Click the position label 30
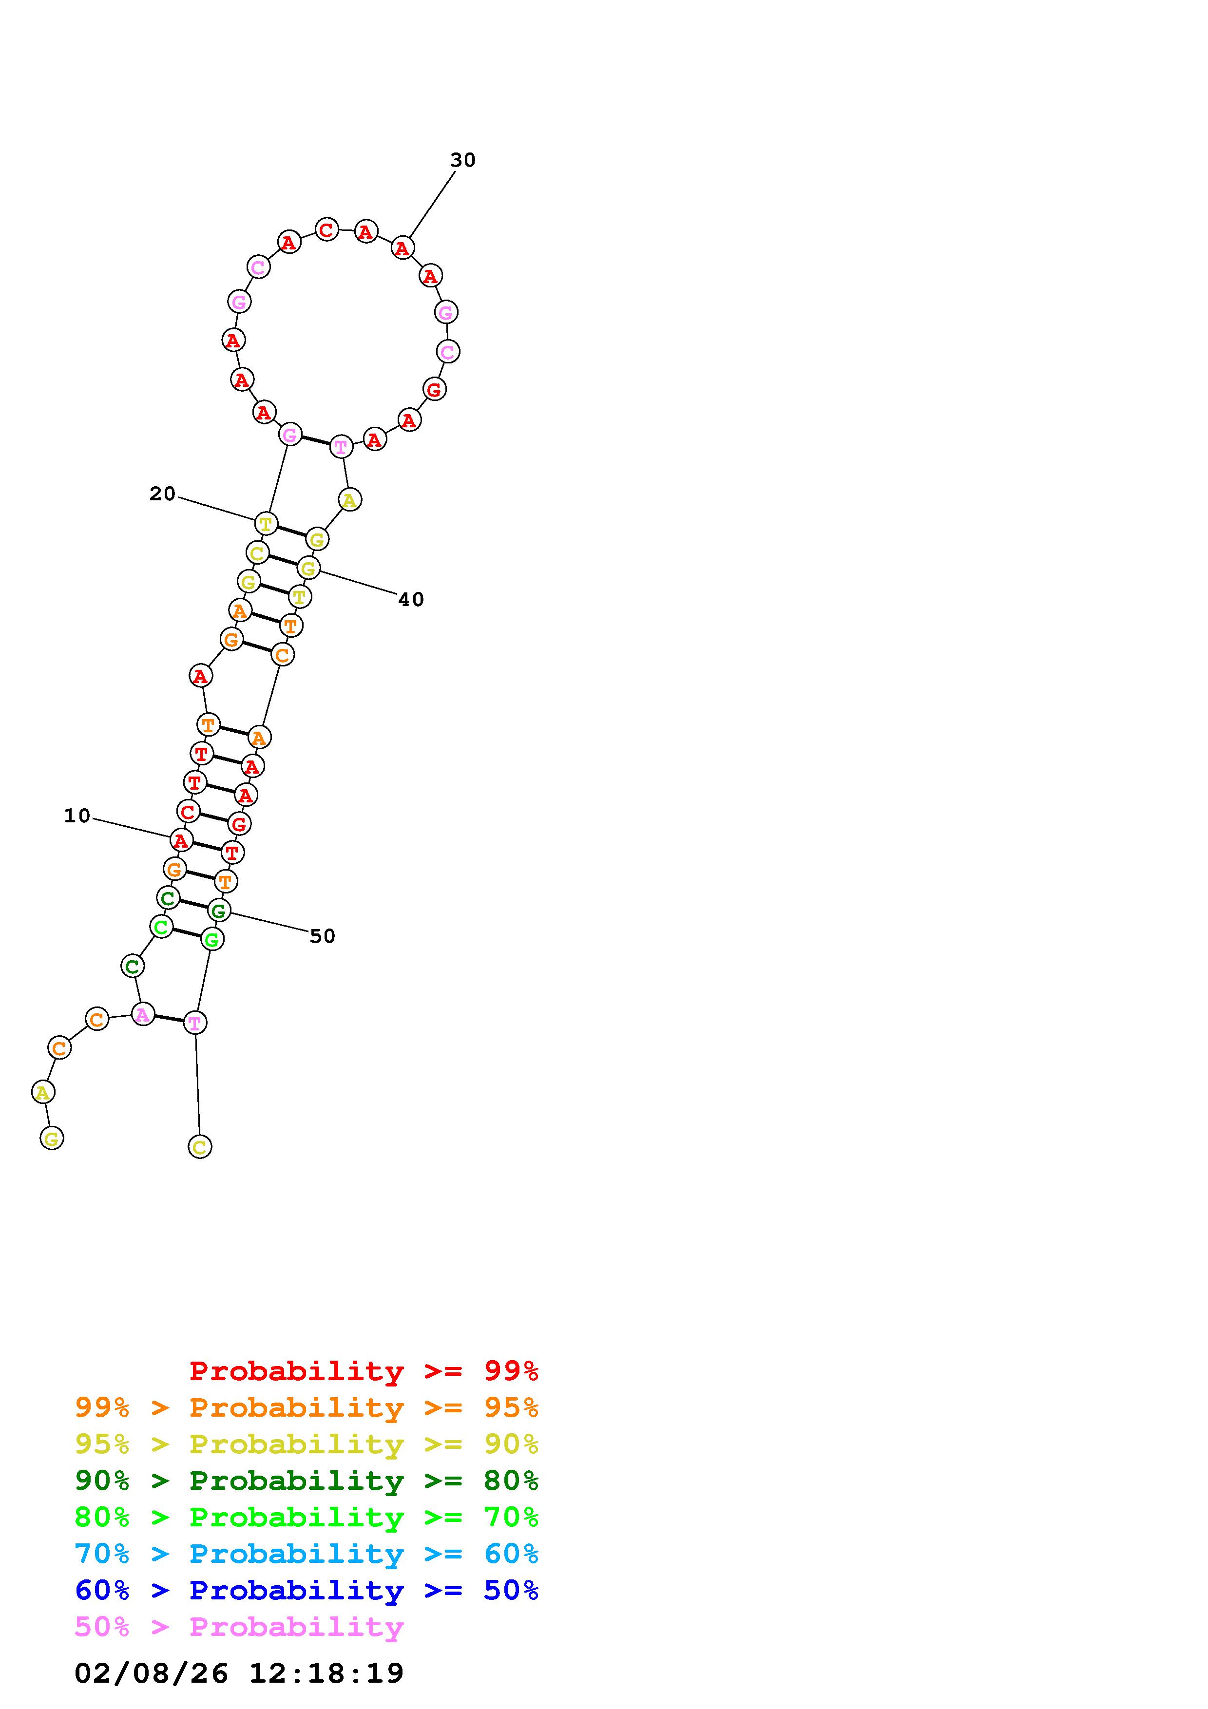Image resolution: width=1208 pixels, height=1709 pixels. (462, 160)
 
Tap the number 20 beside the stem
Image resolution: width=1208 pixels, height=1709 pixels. (162, 494)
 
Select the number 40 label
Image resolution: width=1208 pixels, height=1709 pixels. (411, 599)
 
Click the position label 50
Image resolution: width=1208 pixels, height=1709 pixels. (322, 936)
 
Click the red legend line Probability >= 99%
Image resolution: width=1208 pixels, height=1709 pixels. (364, 1370)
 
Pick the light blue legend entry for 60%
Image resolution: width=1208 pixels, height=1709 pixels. (307, 1554)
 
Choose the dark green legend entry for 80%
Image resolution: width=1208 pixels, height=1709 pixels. (307, 1481)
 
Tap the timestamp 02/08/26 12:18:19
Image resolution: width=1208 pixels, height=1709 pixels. (239, 1672)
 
